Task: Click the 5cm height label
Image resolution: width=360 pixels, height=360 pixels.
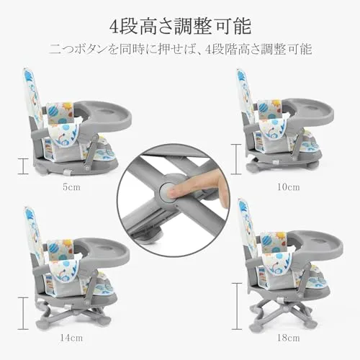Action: [x=71, y=187]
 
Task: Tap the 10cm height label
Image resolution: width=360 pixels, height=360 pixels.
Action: [x=289, y=187]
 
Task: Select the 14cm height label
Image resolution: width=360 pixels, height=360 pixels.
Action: [x=71, y=338]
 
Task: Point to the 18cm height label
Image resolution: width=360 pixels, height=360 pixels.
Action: [x=289, y=338]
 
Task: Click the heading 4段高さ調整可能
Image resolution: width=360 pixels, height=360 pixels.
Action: [x=180, y=26]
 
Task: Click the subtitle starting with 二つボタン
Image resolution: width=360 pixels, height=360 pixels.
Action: [x=180, y=49]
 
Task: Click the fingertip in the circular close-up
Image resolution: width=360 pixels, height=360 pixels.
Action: [x=173, y=192]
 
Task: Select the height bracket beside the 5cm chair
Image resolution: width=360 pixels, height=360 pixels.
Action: [x=23, y=166]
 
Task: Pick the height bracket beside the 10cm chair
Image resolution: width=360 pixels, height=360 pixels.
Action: [x=236, y=159]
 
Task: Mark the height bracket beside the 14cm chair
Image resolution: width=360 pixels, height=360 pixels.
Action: [x=23, y=313]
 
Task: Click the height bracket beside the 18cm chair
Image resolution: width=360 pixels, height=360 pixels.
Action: [x=237, y=306]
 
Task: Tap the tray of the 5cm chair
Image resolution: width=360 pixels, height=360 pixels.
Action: [x=106, y=114]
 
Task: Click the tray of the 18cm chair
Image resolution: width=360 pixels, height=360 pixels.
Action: [x=317, y=246]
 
